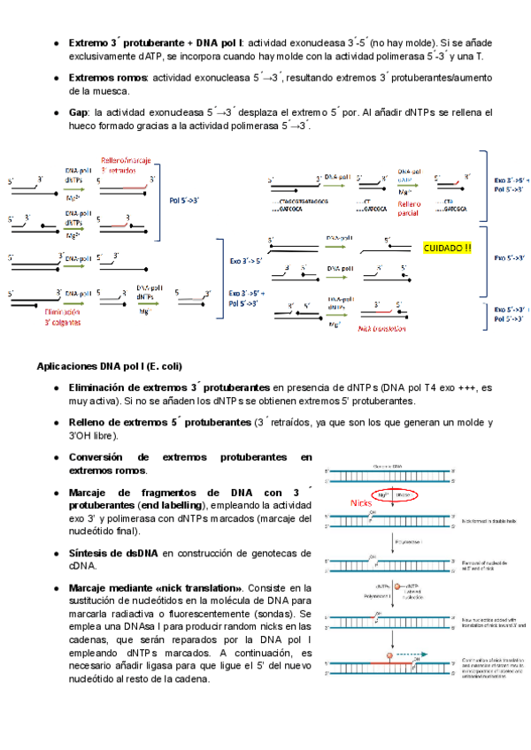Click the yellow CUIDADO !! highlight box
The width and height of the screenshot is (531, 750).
point(449,249)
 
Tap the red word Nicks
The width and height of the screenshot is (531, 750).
point(361,502)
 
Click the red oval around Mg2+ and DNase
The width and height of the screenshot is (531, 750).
point(395,495)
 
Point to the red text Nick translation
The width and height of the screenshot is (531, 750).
point(382,328)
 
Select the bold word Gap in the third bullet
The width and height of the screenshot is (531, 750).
point(77,113)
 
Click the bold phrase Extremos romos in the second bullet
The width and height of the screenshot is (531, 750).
point(107,78)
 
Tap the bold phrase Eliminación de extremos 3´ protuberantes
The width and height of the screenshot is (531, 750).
point(169,388)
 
